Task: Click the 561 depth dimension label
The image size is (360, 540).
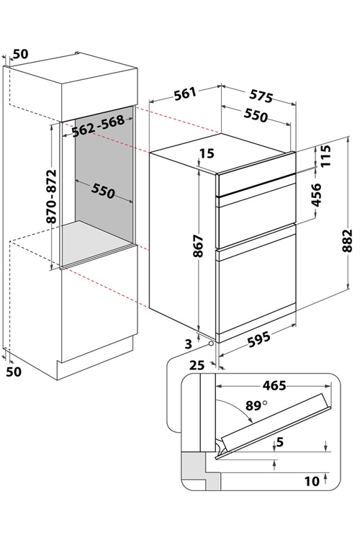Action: click(185, 94)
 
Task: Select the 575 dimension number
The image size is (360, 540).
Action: click(261, 96)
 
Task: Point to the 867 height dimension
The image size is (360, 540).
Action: click(198, 246)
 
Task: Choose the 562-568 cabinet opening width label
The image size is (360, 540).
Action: click(98, 125)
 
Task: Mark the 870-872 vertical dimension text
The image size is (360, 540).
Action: click(52, 197)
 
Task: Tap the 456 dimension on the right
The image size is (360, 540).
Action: click(315, 195)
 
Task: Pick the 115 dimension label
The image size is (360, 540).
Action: click(324, 156)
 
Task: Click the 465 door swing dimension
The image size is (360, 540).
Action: click(274, 385)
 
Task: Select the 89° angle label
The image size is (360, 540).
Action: click(256, 405)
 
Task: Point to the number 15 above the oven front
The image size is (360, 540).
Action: click(207, 153)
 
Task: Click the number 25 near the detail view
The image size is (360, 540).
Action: click(197, 365)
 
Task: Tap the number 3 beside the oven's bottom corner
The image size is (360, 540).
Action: click(189, 343)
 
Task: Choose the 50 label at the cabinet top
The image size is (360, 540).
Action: click(21, 54)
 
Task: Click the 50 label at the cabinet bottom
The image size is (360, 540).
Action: click(14, 372)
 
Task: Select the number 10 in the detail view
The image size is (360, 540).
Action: click(312, 481)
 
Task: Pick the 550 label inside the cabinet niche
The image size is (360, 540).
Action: click(103, 192)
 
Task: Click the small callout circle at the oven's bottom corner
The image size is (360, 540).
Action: click(211, 343)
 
